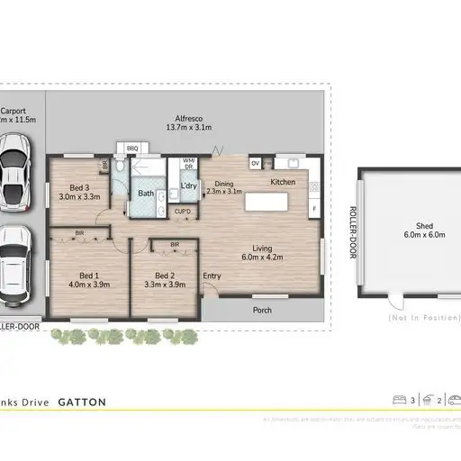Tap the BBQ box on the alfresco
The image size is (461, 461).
coord(131,148)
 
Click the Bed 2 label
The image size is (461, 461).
coord(164,276)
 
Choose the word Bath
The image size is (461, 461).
coord(145,193)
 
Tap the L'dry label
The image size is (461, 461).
coord(188,185)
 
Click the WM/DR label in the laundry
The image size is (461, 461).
coord(188,164)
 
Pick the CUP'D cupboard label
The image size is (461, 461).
coord(182,212)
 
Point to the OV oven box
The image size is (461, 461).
coord(255,163)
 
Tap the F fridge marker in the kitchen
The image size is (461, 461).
coord(313,209)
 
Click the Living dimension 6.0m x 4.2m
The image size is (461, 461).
coord(263,257)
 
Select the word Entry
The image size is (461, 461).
coord(213,276)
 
